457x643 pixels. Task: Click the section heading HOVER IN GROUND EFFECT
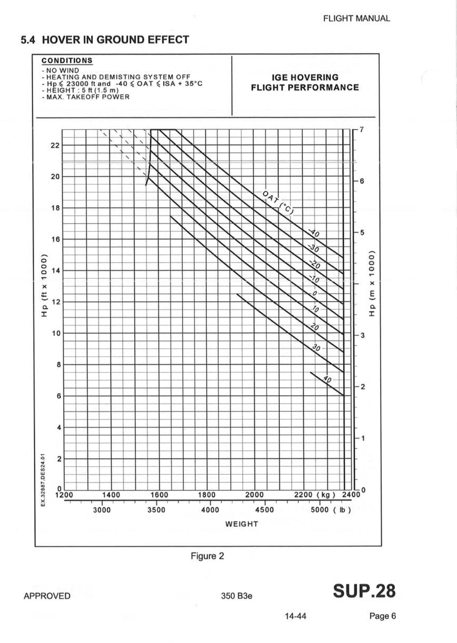[x=105, y=40]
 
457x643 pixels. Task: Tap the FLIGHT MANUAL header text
[x=356, y=18]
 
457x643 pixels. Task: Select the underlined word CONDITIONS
[x=67, y=61]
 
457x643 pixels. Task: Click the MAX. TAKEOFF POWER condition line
[x=86, y=97]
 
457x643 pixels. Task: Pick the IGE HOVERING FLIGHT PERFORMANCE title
[x=305, y=82]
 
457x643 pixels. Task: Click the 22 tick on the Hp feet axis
[x=55, y=145]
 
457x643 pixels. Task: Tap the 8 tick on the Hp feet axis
[x=57, y=365]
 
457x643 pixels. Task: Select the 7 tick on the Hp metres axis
[x=361, y=130]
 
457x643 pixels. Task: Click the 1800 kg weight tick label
[x=207, y=495]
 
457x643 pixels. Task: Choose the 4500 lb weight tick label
[x=264, y=510]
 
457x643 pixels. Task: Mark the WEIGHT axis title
[x=242, y=524]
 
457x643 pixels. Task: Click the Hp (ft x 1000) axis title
[x=44, y=285]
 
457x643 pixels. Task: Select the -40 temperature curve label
[x=314, y=233]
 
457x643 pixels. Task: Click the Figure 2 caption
[x=207, y=556]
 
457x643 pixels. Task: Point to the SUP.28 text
[x=364, y=591]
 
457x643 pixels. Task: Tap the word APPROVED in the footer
[x=47, y=596]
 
